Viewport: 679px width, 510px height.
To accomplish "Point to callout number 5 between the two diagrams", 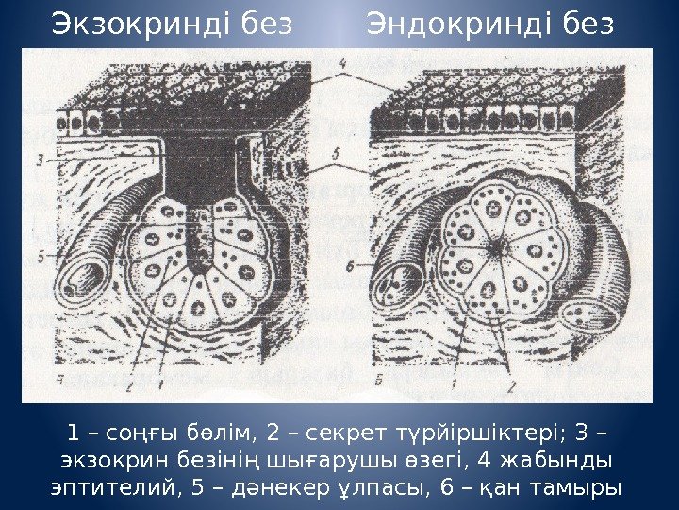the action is click(x=338, y=151).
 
